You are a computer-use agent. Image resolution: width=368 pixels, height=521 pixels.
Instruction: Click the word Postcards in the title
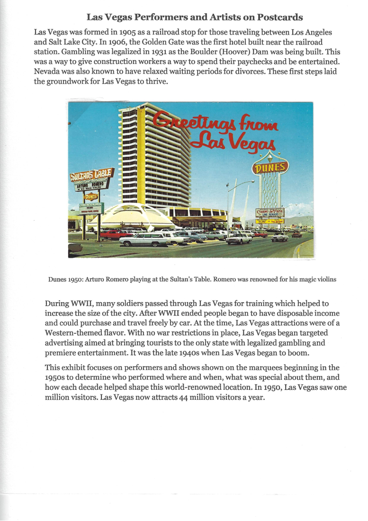pyautogui.click(x=280, y=18)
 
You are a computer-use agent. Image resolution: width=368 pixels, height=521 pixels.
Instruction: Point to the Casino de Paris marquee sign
pyautogui.click(x=269, y=213)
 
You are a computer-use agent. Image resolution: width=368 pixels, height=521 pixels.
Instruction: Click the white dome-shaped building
pyautogui.click(x=137, y=217)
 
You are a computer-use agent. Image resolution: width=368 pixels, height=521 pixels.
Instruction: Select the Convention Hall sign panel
pyautogui.click(x=91, y=207)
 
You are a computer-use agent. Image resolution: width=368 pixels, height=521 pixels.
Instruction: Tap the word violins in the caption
pyautogui.click(x=326, y=279)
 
